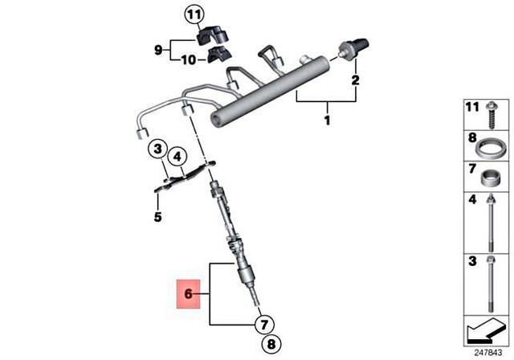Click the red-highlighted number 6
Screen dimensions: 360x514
(x=188, y=294)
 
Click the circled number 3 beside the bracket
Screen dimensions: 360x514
(x=158, y=149)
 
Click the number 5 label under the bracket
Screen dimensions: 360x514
(x=157, y=217)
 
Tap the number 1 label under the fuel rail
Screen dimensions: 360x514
(x=327, y=121)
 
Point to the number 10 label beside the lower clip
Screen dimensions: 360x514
(x=187, y=59)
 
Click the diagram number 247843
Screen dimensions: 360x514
(x=487, y=351)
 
